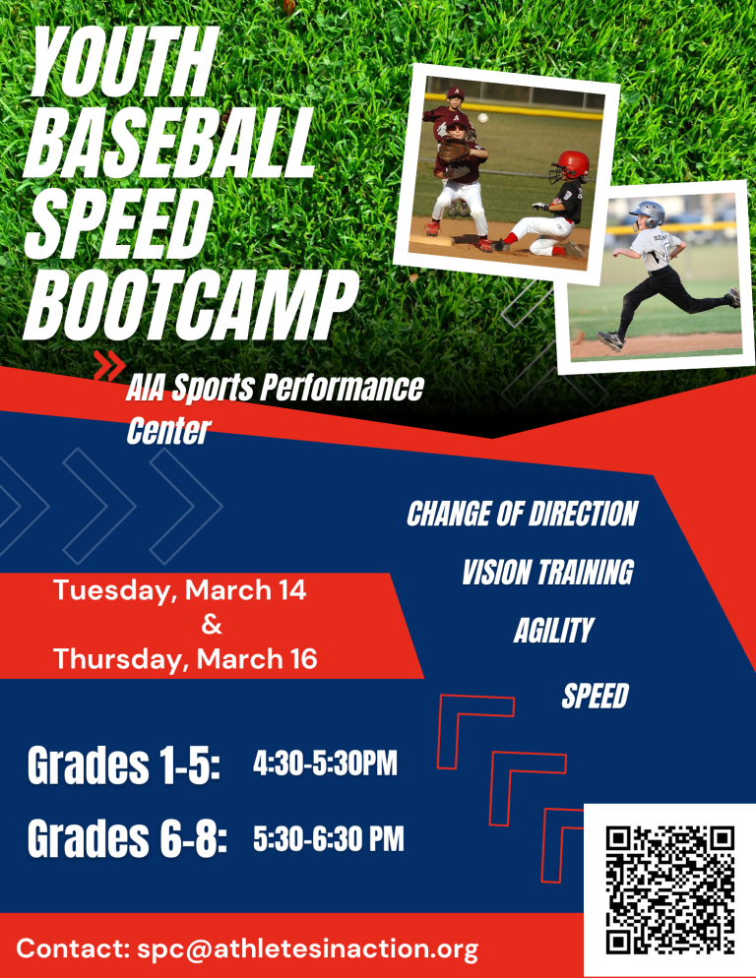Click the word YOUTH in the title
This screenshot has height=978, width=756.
(124, 61)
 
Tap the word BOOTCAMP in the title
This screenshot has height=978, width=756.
(190, 308)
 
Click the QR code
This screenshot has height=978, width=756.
(669, 888)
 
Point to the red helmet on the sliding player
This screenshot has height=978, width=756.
(572, 164)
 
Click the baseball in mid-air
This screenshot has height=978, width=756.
(482, 118)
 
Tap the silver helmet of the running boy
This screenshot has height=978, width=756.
(650, 213)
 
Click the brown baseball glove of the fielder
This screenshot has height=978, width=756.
(452, 151)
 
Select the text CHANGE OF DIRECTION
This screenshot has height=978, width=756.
(522, 514)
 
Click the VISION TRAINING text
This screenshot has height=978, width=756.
(547, 572)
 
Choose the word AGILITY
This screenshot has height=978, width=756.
(553, 630)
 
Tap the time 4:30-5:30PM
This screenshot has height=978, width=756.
(325, 763)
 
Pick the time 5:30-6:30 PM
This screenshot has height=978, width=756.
(329, 837)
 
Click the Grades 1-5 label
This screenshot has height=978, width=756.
(124, 764)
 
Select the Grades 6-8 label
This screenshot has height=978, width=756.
(127, 837)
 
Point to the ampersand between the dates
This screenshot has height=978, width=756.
(212, 624)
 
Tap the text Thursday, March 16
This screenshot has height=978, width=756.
(185, 659)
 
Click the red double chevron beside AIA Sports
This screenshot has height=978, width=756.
(109, 365)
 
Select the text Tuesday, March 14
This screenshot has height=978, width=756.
(180, 590)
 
